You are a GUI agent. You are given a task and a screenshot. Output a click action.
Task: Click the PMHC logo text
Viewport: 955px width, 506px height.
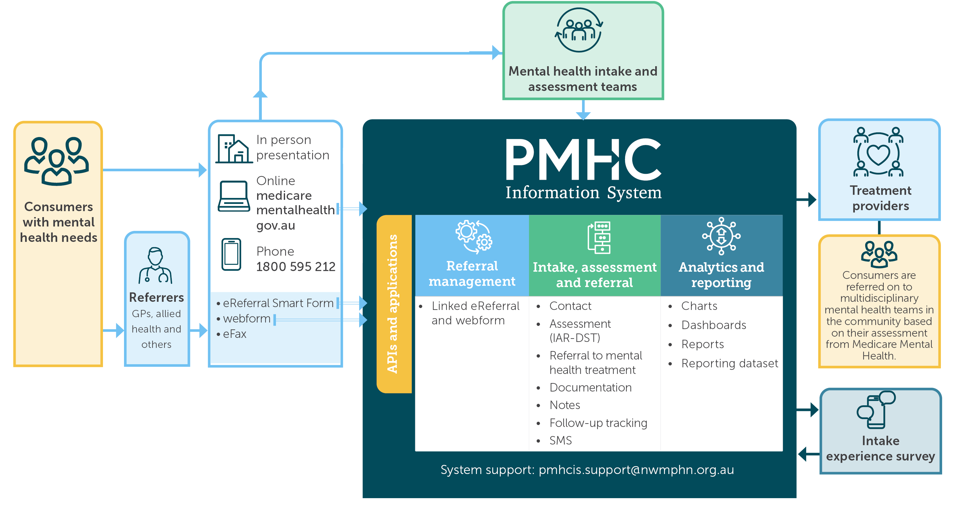[x=583, y=160]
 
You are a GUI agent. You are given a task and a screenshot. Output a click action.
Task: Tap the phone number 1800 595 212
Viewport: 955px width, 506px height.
[x=295, y=267]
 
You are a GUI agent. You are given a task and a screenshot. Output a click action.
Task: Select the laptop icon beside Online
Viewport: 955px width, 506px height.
[x=234, y=196]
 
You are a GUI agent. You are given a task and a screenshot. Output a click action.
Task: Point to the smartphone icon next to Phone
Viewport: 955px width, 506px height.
[x=231, y=254]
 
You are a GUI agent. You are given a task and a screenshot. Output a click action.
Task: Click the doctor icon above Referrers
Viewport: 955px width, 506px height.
[x=156, y=266]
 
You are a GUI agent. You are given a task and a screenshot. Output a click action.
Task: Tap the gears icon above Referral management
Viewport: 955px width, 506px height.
[x=473, y=236]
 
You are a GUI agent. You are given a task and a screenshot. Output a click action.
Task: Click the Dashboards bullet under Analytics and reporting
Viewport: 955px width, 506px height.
[x=713, y=325]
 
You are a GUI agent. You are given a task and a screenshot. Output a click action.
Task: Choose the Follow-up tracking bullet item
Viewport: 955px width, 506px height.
[x=598, y=423]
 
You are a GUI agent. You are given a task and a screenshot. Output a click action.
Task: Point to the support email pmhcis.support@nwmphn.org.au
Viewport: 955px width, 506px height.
[x=636, y=470]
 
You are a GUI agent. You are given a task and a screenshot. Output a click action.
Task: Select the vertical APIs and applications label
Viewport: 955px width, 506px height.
[x=393, y=304]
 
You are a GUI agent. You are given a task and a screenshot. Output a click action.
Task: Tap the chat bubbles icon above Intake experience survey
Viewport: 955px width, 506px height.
[x=876, y=409]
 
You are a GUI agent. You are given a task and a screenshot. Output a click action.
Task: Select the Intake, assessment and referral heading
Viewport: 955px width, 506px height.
[x=594, y=274]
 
